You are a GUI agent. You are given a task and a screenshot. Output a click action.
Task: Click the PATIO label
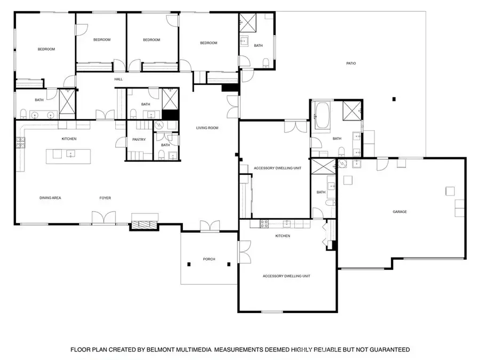click(351, 63)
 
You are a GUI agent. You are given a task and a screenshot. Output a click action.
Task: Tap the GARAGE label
click(399, 212)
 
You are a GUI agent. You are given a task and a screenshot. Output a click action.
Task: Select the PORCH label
click(209, 259)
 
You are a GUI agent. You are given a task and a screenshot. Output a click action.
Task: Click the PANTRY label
click(139, 139)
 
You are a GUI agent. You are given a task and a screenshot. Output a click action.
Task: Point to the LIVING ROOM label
click(207, 127)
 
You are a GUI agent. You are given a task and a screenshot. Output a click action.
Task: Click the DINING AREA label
click(50, 198)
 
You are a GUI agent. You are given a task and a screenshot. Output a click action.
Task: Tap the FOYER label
click(105, 198)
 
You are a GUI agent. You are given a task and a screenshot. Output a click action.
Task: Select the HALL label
click(118, 79)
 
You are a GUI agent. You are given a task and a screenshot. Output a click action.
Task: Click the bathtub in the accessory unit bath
click(322, 115)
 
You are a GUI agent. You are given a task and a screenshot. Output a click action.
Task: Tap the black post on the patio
click(394, 99)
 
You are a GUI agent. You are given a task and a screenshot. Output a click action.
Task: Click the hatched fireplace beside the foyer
click(144, 225)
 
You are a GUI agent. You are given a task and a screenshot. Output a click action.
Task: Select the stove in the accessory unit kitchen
click(264, 224)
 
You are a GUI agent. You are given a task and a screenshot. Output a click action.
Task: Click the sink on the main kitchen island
click(71, 154)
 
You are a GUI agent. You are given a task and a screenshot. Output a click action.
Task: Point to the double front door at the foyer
click(104, 218)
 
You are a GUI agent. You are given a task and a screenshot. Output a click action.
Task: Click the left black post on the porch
click(189, 264)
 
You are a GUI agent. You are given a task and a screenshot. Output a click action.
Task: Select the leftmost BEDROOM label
click(46, 49)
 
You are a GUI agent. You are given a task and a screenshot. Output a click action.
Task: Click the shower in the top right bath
click(247, 22)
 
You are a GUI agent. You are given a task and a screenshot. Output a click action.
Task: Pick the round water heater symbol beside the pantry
click(159, 125)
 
